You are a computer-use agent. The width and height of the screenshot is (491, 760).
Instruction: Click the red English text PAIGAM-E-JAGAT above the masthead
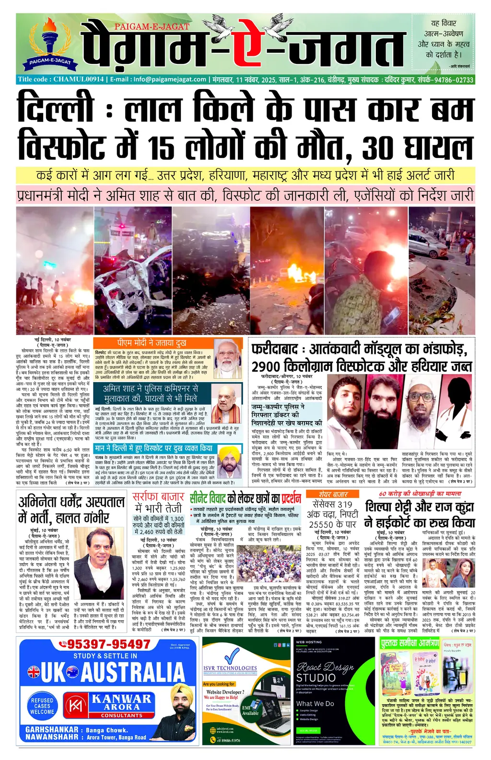152,27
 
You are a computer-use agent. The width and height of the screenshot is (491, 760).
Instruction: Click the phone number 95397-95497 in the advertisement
109,644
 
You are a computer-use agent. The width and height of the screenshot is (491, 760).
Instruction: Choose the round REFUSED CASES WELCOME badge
42,705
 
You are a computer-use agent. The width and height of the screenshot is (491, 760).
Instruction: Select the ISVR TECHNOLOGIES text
230,668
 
